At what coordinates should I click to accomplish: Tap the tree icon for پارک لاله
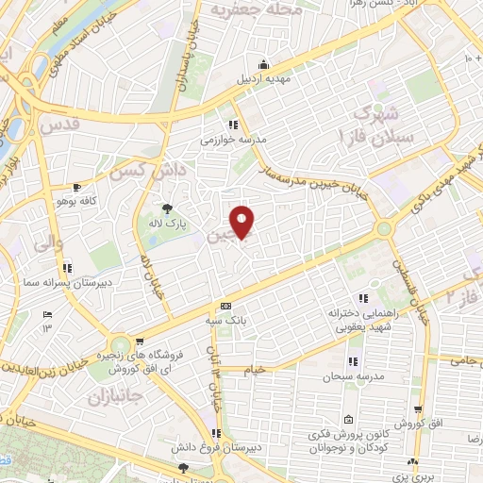click(168, 208)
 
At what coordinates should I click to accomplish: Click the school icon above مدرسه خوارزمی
click(232, 124)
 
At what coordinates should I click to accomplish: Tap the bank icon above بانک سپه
click(225, 307)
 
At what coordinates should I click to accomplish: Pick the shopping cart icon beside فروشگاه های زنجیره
click(140, 342)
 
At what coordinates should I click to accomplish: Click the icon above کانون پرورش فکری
click(349, 420)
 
